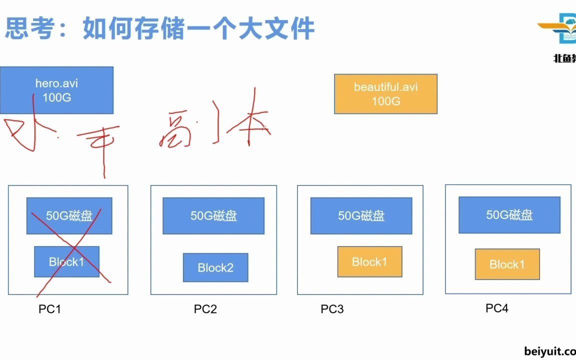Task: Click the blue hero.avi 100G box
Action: click(x=56, y=90)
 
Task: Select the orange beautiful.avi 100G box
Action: click(x=385, y=94)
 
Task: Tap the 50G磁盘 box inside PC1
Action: click(x=69, y=215)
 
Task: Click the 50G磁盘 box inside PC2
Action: click(x=213, y=215)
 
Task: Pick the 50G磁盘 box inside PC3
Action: click(x=361, y=215)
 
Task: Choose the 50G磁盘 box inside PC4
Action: click(x=509, y=215)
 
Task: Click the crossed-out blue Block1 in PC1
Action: click(x=66, y=261)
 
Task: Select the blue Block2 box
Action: click(x=215, y=267)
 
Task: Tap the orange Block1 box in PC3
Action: click(x=369, y=261)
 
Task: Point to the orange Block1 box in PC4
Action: click(x=507, y=264)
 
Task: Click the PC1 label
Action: click(x=49, y=309)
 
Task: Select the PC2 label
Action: click(x=205, y=309)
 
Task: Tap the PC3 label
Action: click(x=332, y=309)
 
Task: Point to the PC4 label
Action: click(x=496, y=308)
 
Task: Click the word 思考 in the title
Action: click(x=29, y=28)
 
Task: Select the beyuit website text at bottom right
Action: click(x=550, y=351)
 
